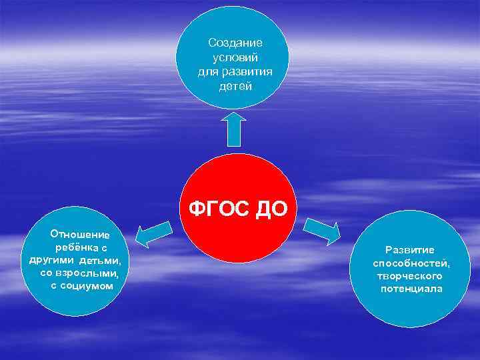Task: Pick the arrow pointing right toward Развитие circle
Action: tap(323, 231)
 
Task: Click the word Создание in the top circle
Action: tap(235, 43)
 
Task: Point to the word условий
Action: tap(235, 57)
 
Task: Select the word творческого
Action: tap(410, 275)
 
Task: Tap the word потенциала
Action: tap(411, 289)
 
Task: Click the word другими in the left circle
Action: tap(53, 260)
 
